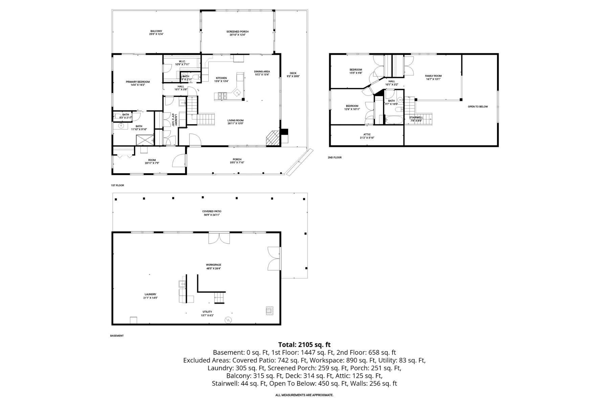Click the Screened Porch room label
pos(237,33)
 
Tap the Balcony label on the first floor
pos(156,32)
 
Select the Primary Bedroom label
pos(138,83)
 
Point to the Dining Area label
pos(262,73)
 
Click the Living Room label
pos(235,122)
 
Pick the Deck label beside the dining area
pos(293,74)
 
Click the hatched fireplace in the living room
pos(272,138)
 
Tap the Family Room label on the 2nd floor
pos(433,77)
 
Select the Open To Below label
pos(478,107)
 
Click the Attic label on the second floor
pos(367,136)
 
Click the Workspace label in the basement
pos(213,266)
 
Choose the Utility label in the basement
pos(207,313)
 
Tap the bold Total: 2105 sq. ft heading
pos(304,345)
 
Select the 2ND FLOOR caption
pos(335,157)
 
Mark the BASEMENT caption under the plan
pos(117,336)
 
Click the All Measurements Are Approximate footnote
pos(304,395)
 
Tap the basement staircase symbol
pos(219,298)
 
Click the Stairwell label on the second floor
pos(416,119)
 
